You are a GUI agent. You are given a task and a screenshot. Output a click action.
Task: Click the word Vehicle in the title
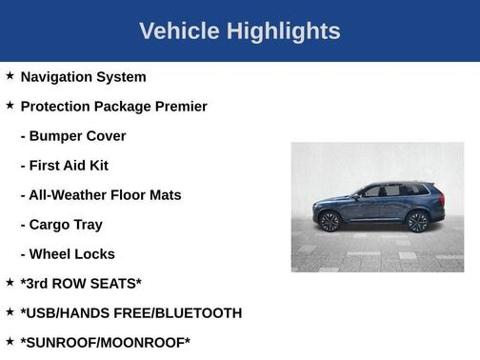179,30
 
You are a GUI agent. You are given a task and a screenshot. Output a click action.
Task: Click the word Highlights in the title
282,30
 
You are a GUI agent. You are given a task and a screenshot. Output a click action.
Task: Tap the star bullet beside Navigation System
10,75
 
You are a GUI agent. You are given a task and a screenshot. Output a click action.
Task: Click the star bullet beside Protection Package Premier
10,105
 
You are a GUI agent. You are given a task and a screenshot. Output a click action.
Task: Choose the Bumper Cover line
73,135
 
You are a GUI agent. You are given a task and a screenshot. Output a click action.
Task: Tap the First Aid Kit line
65,165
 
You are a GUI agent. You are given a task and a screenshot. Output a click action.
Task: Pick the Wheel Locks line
68,253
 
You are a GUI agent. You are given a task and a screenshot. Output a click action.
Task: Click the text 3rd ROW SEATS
81,283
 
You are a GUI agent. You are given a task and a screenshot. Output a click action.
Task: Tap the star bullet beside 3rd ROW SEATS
10,282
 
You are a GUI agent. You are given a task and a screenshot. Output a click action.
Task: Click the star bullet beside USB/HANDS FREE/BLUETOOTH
10,311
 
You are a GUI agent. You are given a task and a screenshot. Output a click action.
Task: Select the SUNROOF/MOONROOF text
106,342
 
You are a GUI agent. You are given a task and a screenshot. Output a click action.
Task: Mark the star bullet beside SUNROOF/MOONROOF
10,341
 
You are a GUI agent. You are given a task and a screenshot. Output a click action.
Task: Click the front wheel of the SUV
330,222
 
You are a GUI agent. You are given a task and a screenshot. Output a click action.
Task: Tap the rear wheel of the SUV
416,222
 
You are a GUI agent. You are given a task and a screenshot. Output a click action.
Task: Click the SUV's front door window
371,191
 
